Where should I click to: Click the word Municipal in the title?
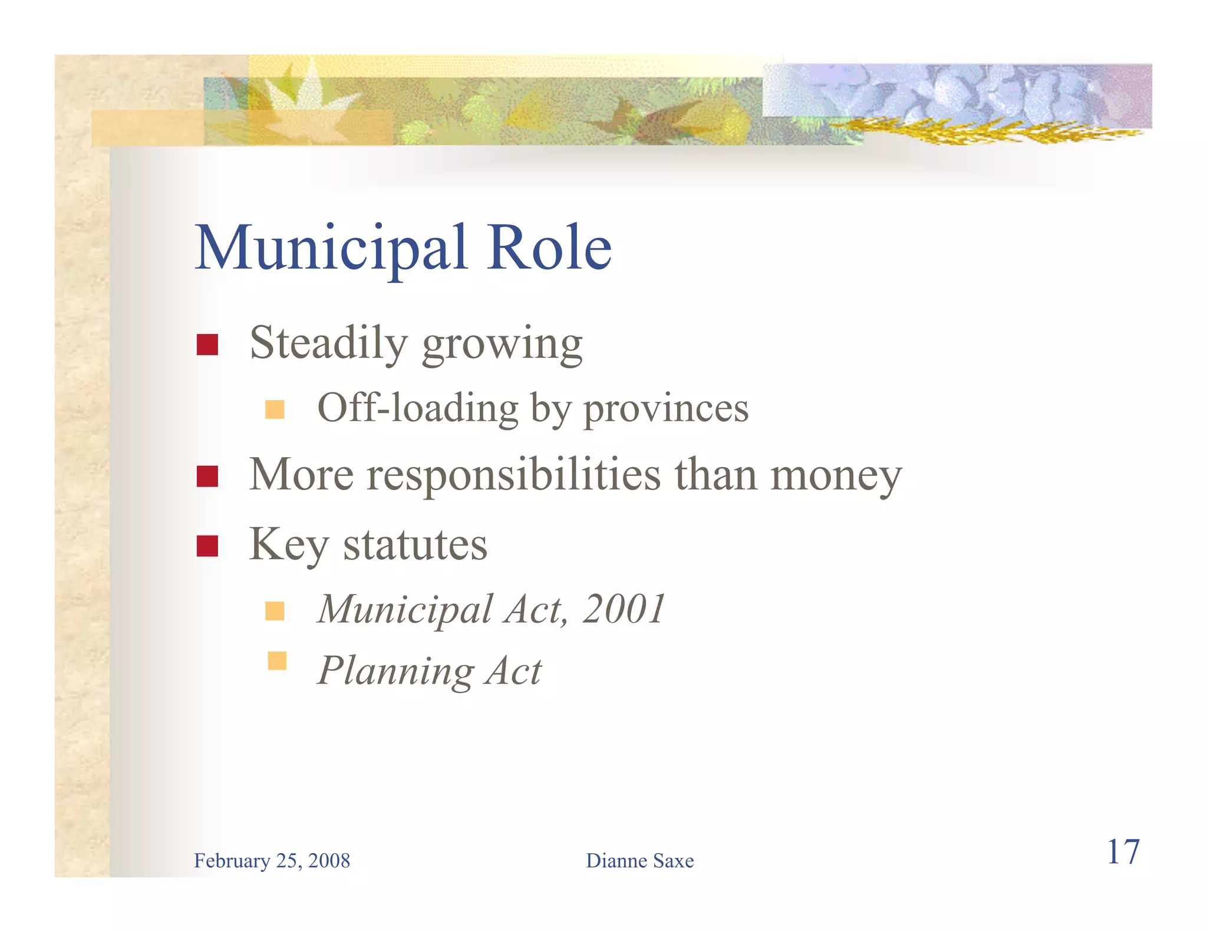(x=331, y=249)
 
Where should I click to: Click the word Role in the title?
(x=549, y=249)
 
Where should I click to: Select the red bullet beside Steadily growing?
(x=207, y=345)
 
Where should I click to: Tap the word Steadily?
(x=328, y=343)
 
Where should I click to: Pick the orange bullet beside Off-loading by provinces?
(x=275, y=409)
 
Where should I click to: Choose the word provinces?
(x=665, y=409)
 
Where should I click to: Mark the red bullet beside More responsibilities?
(x=207, y=476)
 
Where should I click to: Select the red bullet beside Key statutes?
(x=207, y=546)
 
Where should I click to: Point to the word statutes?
(x=415, y=545)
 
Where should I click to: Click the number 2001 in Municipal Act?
(x=624, y=609)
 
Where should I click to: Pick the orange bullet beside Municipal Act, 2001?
(x=275, y=611)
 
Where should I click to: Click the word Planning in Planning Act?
(x=395, y=671)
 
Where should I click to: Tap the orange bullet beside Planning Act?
(x=276, y=661)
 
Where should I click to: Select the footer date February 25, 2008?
(x=272, y=861)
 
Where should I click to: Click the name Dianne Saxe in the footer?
(x=639, y=861)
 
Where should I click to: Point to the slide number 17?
(x=1123, y=852)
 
